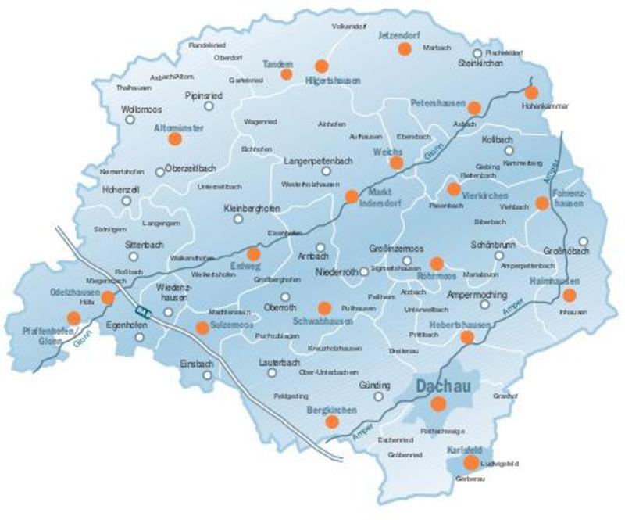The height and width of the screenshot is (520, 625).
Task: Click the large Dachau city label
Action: coord(441,386)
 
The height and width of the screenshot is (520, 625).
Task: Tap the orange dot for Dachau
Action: coord(438,403)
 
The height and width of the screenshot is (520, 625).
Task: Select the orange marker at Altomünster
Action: coord(174,138)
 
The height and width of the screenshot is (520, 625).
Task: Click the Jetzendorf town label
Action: coord(399,35)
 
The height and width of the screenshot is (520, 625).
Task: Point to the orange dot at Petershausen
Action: coord(473,107)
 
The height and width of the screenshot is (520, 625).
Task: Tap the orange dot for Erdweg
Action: coord(253,254)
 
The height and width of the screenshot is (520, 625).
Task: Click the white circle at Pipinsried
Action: coord(209,106)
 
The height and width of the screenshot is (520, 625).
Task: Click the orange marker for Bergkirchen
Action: coord(332,421)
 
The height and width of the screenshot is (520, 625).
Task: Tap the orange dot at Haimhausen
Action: coord(569,295)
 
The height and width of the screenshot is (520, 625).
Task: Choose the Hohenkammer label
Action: coord(546,106)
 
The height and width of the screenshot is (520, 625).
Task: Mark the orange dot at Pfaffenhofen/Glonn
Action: coord(73,317)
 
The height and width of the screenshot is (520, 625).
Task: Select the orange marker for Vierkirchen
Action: coord(453,189)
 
